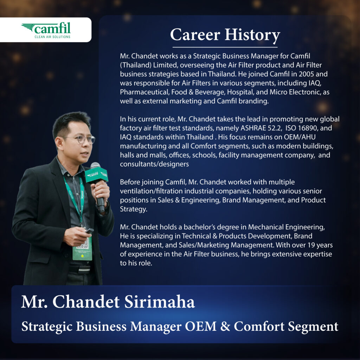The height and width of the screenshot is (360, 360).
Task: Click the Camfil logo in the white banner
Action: [x=46, y=30]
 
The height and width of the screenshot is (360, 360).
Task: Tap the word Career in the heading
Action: [x=195, y=35]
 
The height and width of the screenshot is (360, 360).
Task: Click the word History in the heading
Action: [x=252, y=36]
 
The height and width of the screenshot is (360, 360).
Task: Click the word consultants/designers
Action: [x=154, y=164]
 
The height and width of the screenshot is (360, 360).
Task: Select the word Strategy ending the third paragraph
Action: [x=133, y=209]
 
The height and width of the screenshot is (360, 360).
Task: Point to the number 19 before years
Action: [x=311, y=245]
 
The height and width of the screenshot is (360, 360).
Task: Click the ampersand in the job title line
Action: [x=225, y=326]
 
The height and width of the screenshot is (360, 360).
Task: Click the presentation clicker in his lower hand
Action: [x=89, y=231]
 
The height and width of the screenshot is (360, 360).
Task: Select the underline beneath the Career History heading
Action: [x=225, y=47]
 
